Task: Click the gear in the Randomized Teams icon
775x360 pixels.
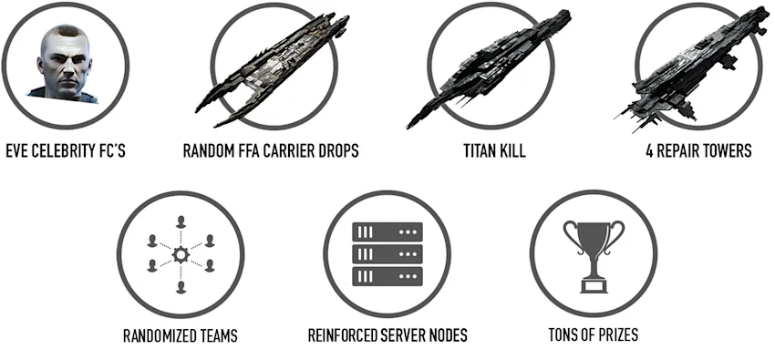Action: point(181,255)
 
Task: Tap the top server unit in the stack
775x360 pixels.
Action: point(387,231)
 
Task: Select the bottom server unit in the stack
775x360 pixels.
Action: point(387,276)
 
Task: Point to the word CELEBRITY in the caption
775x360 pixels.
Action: point(66,150)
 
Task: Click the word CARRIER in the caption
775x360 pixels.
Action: point(292,150)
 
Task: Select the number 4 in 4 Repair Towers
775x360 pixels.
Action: point(649,150)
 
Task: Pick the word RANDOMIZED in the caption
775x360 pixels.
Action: point(158,335)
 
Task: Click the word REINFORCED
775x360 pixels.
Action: point(341,335)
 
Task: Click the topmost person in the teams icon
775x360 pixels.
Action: point(181,221)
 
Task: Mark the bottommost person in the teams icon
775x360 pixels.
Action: point(181,287)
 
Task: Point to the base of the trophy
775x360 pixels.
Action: point(594,285)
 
